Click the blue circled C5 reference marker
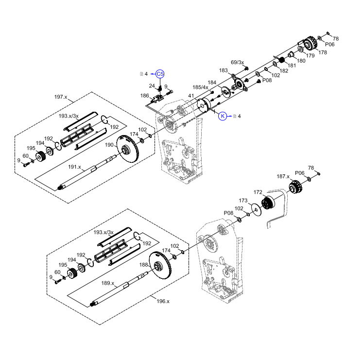pyautogui.click(x=160, y=73)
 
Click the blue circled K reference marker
pyautogui.click(x=223, y=116)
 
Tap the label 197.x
pyautogui.click(x=61, y=97)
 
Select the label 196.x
pyautogui.click(x=162, y=301)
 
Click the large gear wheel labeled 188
pyautogui.click(x=160, y=268)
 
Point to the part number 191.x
pyautogui.click(x=74, y=167)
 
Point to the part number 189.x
pyautogui.click(x=107, y=283)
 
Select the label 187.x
pyautogui.click(x=283, y=176)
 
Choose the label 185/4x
pyautogui.click(x=200, y=87)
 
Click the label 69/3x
pyautogui.click(x=237, y=62)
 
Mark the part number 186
pyautogui.click(x=145, y=96)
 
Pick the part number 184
pyautogui.click(x=212, y=82)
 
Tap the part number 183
pyautogui.click(x=223, y=70)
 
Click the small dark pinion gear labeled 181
pyautogui.click(x=281, y=60)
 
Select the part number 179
pyautogui.click(x=310, y=55)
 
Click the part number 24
pyautogui.click(x=152, y=86)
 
